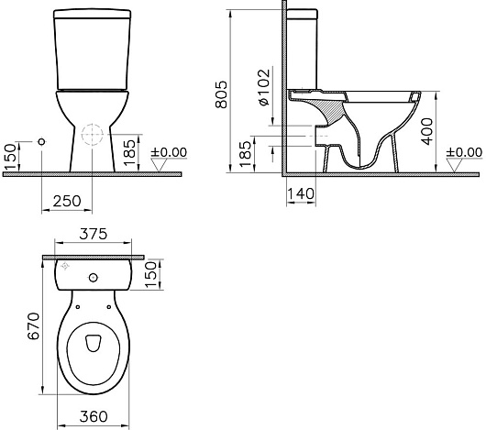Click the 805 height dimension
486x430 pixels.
221,94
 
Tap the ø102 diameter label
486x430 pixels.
264,87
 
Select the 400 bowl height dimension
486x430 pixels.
427,131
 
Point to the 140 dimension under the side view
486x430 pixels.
301,194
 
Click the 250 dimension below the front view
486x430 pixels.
67,202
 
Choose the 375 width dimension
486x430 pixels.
93,234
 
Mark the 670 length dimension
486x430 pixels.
34,325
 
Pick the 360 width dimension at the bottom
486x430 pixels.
94,416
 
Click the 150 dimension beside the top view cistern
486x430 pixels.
151,274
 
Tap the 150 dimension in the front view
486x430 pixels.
11,157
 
